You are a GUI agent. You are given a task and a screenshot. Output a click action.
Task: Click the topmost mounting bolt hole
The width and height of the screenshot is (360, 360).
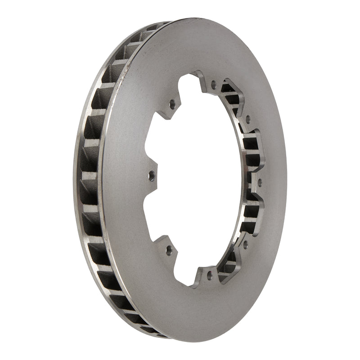coord(213,84)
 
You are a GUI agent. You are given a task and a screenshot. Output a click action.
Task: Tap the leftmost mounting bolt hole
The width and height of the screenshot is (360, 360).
coord(151,174)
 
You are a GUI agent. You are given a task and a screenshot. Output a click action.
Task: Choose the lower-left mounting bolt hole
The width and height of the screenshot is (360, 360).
coord(169,248)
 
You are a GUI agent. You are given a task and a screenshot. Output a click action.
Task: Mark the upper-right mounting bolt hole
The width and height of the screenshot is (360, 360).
coord(247,120)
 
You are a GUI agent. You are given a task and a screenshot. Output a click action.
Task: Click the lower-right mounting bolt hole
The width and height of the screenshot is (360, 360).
coord(245,244)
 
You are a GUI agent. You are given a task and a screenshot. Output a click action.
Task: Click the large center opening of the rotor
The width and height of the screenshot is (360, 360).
coord(198,180)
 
